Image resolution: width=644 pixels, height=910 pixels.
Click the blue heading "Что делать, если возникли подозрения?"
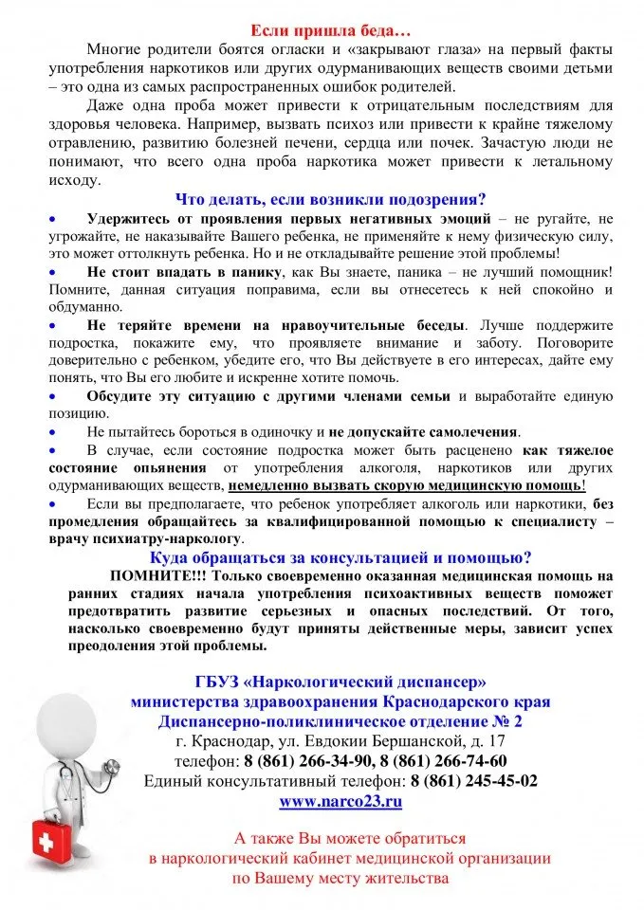click(330, 199)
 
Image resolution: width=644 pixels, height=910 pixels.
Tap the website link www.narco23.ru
click(340, 801)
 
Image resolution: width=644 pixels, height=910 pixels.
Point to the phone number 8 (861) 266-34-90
click(309, 761)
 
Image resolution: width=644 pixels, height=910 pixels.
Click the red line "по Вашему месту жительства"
click(340, 878)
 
